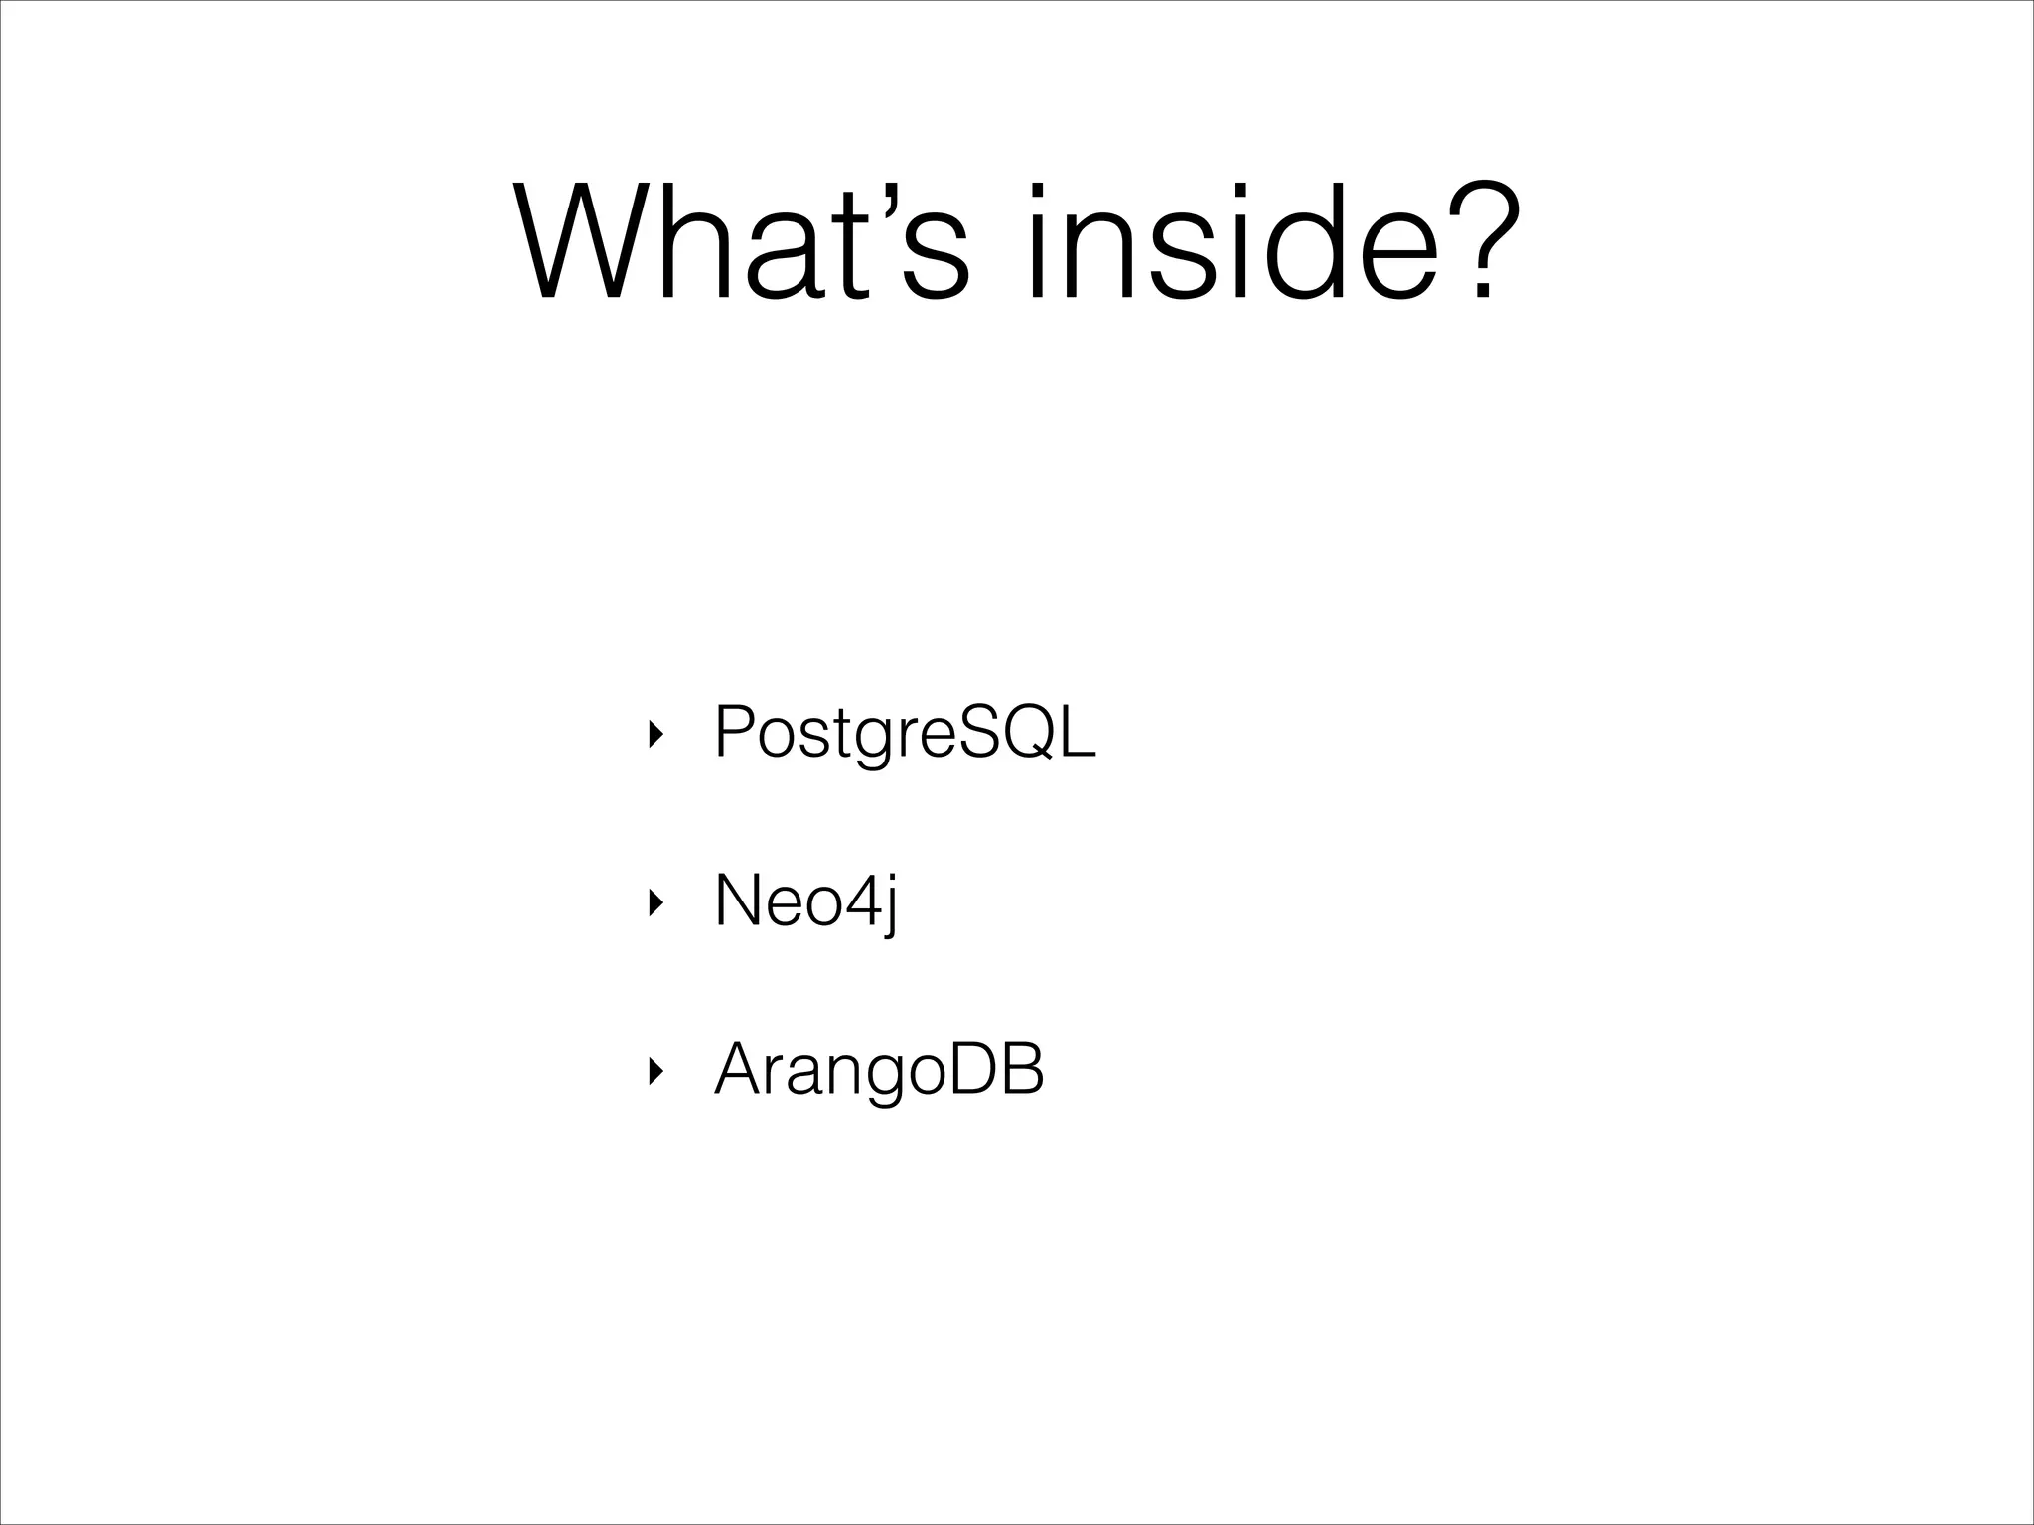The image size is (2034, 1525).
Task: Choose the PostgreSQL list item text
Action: click(905, 733)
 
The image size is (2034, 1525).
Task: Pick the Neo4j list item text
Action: click(805, 901)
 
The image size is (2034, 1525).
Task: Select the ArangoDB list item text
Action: click(879, 1070)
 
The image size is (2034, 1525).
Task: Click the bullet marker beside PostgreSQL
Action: click(652, 735)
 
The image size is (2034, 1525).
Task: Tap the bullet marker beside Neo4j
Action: click(652, 903)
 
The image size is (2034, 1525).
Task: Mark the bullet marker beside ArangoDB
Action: click(652, 1072)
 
